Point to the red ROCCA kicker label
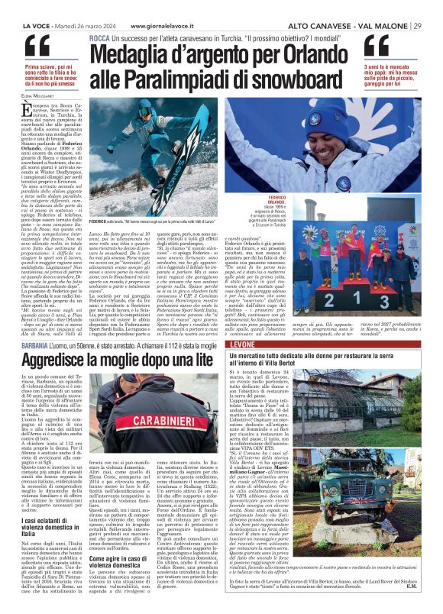click(x=99, y=37)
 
